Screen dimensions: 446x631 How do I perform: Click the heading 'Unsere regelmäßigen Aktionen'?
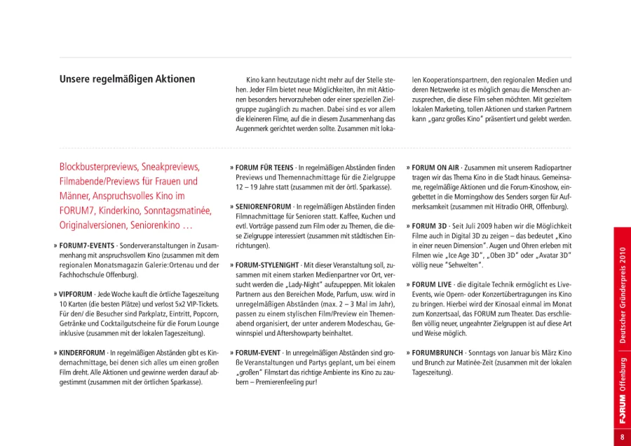click(x=127, y=79)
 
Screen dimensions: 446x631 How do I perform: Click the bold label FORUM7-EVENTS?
click(x=86, y=247)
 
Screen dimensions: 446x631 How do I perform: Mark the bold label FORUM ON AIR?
click(x=435, y=168)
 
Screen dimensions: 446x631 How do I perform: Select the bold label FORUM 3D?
click(x=429, y=227)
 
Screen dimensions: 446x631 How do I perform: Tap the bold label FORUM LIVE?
click(x=432, y=285)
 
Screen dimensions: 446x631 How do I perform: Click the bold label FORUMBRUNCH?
click(x=437, y=353)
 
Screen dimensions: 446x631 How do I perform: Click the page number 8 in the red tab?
click(x=622, y=437)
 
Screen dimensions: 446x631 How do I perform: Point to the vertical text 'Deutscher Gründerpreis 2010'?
click(x=622, y=295)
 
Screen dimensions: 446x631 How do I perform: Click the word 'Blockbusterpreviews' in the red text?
click(x=97, y=168)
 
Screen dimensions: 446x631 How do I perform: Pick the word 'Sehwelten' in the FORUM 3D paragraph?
click(x=464, y=266)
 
